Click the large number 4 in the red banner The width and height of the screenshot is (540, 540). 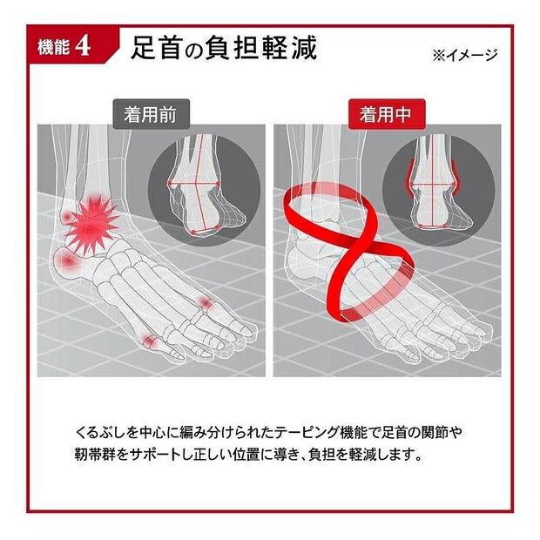point(83,46)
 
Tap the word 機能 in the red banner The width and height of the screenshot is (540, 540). point(53,47)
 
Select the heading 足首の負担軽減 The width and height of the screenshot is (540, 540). point(224,48)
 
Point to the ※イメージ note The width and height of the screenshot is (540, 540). point(465,55)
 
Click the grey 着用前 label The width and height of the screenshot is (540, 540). point(152,114)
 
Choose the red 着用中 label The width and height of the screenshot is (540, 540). point(387,114)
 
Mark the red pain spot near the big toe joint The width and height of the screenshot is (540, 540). point(150,341)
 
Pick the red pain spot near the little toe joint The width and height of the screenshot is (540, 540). point(206,303)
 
